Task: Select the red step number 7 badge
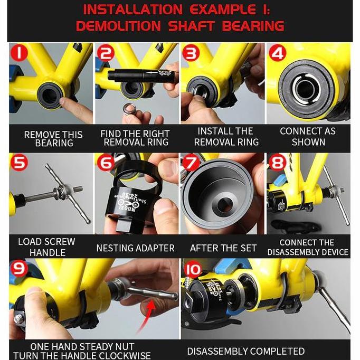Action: click(x=192, y=164)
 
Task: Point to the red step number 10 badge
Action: click(x=193, y=270)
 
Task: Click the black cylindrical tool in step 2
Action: click(x=134, y=74)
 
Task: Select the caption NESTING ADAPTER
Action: click(x=135, y=248)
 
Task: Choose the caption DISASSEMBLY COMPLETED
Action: click(x=245, y=351)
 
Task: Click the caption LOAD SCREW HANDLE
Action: click(x=46, y=247)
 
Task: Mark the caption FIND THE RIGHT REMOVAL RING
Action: click(x=135, y=138)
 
